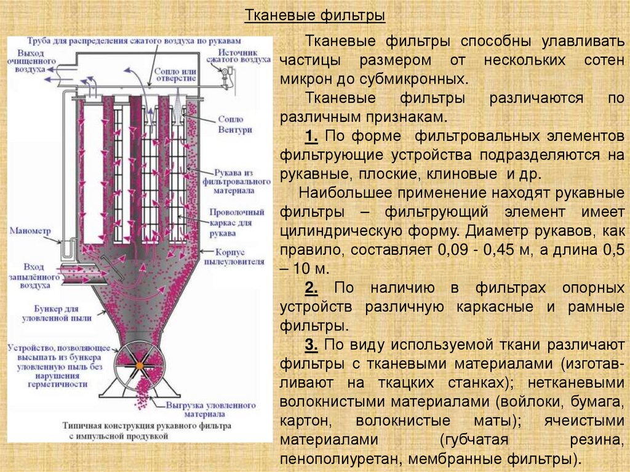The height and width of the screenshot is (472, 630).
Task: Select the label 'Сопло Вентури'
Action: pyautogui.click(x=231, y=124)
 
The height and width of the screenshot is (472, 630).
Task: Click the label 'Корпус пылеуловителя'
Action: pyautogui.click(x=241, y=257)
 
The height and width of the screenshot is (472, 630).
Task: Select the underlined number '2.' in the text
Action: pyautogui.click(x=311, y=288)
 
